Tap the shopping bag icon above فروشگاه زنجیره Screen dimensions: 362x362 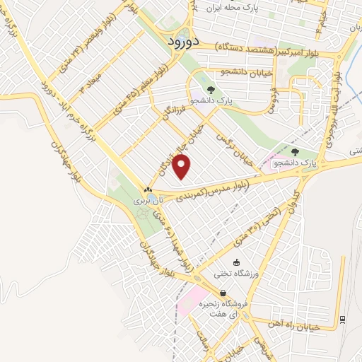click(x=223, y=293)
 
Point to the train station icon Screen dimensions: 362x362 click(x=343, y=319)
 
